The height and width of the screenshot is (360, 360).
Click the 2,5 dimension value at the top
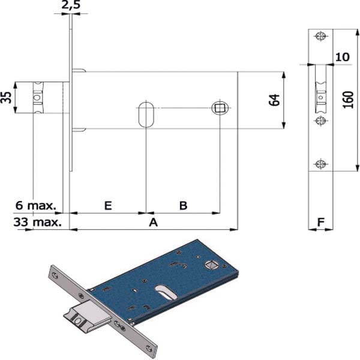71,5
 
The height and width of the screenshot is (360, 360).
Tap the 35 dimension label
6,98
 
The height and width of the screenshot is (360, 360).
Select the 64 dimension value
274,100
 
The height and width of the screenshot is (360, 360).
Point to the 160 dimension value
348,100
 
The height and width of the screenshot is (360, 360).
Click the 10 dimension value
343,57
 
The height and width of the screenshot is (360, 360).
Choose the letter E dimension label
108,205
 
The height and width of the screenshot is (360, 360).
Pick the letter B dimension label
183,205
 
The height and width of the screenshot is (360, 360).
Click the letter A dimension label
154,222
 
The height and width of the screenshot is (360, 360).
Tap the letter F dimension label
321,222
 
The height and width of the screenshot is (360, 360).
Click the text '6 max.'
36,205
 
